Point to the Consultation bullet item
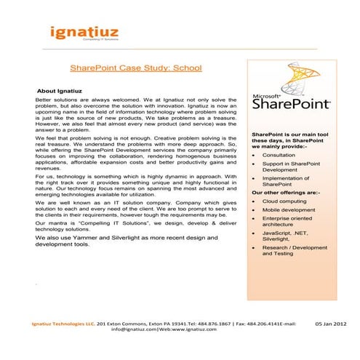279,155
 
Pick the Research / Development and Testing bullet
295,251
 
